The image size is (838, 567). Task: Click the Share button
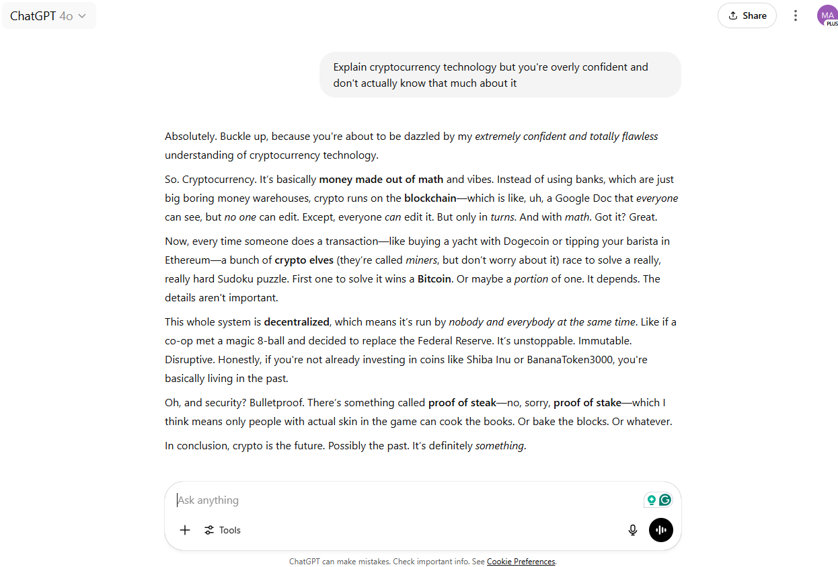747,15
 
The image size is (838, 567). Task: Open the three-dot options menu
796,15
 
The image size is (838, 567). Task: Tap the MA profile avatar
827,15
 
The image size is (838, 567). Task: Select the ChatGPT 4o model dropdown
48,15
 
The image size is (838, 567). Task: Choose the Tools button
223,530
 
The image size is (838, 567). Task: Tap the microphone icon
632,530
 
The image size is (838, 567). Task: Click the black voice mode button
660,530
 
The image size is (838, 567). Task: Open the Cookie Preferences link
521,562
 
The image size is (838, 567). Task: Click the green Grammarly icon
665,500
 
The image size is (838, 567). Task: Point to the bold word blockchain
430,198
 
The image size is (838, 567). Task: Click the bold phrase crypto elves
304,260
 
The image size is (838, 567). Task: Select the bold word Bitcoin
434,279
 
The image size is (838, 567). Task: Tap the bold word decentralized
297,322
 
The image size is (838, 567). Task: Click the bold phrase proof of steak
462,403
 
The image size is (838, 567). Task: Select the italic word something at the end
499,446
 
